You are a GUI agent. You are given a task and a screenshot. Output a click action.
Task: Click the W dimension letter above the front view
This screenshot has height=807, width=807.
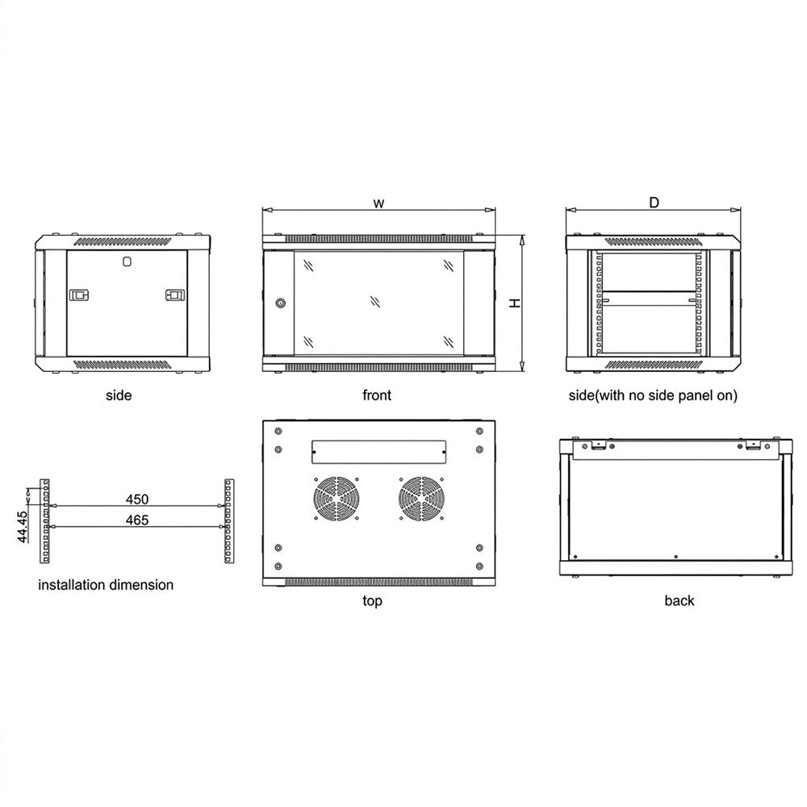378,203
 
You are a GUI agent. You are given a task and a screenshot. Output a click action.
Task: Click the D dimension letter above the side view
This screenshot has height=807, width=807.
654,203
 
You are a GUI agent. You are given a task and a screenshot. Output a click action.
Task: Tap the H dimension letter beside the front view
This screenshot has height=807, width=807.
515,303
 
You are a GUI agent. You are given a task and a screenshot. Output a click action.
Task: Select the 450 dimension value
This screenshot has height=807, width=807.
137,500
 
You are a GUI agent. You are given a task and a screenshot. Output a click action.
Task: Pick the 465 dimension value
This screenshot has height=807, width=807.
137,521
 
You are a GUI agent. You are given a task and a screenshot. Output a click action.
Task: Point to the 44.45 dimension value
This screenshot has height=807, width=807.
22,526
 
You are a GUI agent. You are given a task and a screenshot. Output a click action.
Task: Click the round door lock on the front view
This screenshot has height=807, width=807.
280,303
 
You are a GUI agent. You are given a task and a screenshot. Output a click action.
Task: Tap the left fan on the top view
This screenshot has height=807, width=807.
337,499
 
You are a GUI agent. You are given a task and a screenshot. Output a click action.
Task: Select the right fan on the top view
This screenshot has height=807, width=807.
422,499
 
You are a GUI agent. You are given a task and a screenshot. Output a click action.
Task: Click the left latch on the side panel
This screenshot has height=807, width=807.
79,295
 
